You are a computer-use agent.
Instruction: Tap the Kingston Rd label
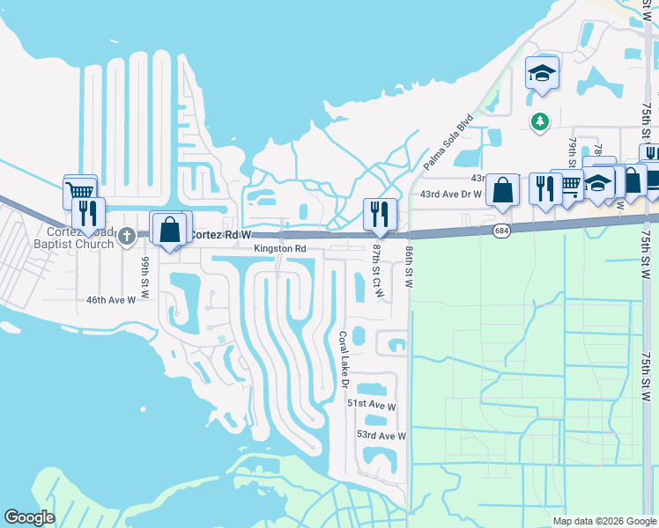click(280, 249)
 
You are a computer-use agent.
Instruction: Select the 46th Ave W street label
click(111, 300)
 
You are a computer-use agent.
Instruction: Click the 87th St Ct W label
click(377, 269)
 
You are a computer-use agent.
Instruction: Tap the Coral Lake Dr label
click(344, 359)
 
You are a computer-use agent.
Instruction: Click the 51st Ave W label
click(372, 403)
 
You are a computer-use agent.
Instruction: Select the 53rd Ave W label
click(381, 436)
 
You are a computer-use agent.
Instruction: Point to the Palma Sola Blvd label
click(448, 142)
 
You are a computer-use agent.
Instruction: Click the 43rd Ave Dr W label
click(450, 194)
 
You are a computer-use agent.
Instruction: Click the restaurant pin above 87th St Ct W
click(380, 212)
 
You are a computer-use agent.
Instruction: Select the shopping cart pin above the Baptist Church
click(80, 189)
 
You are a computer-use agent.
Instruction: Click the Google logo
click(29, 517)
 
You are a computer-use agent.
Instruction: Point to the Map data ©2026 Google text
click(603, 521)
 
